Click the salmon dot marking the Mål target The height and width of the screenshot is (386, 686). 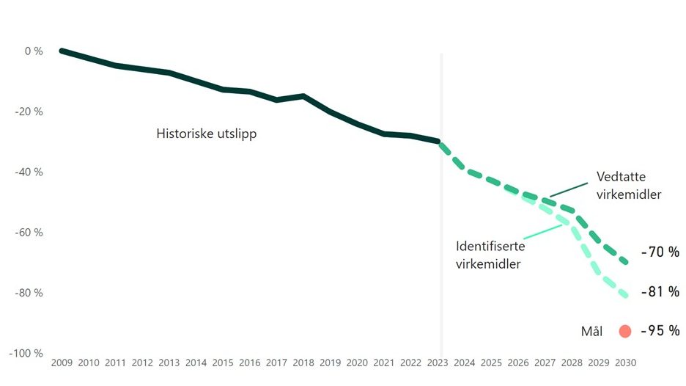tap(624, 331)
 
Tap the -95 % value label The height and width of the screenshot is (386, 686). tap(660, 331)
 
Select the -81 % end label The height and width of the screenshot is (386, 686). tap(660, 292)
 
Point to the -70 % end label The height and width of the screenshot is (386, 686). tap(660, 252)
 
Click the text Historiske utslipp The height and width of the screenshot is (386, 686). tap(206, 134)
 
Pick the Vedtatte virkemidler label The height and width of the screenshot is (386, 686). tap(629, 186)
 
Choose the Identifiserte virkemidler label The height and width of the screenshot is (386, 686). tap(490, 255)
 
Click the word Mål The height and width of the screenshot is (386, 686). tap(591, 332)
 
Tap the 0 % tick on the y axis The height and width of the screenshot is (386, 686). tap(34, 51)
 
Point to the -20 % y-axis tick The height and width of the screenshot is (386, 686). tap(30, 112)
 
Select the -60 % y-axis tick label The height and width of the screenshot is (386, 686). tap(30, 233)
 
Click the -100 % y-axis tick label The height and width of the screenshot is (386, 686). tap(26, 353)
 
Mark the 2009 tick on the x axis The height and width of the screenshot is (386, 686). tap(62, 363)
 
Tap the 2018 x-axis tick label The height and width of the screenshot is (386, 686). tap(303, 363)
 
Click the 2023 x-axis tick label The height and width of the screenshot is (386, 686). tap(438, 363)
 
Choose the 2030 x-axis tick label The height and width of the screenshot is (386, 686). tap(626, 363)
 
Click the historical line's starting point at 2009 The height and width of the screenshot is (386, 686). tap(62, 51)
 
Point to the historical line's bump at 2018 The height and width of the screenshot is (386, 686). tap(303, 95)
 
